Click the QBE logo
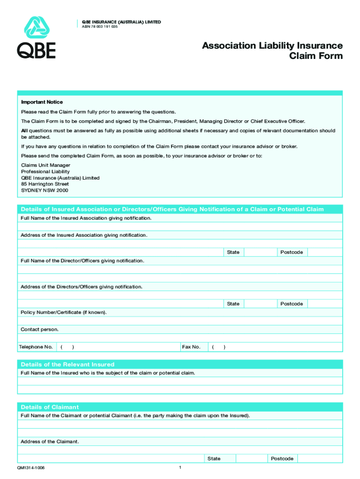point(36,37)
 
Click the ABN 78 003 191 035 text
point(100,27)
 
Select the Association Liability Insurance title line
point(272,46)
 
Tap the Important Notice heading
point(42,102)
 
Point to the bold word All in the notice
point(24,131)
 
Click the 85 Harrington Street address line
point(45,184)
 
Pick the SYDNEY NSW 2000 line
point(44,190)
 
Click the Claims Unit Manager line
point(45,166)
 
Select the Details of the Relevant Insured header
point(67,364)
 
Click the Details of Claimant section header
point(50,407)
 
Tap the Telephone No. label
point(36,347)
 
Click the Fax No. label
point(191,347)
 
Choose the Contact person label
point(40,329)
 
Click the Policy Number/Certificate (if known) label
point(64,312)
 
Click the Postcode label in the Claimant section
point(282,458)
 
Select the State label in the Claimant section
point(214,458)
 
